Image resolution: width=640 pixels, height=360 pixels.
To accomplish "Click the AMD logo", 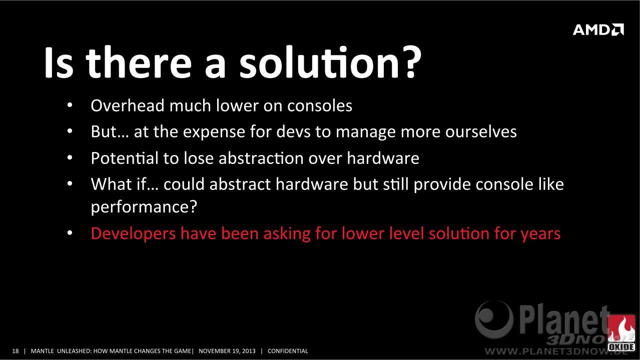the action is pos(598,29).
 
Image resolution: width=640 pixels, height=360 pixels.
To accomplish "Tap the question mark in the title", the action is pos(411,62).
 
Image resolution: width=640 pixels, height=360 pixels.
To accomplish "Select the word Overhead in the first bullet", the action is pos(128,105).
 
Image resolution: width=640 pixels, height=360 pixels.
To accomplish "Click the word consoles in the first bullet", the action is pos(319,105).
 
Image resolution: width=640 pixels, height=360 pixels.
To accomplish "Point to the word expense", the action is pos(214,132).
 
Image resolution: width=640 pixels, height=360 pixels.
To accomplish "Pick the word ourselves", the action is pos(481,131).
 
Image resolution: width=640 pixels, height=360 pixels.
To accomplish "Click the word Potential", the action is pos(125,158).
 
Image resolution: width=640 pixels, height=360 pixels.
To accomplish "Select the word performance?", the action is pos(144,207).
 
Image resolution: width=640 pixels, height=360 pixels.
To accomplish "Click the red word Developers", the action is pos(133,234).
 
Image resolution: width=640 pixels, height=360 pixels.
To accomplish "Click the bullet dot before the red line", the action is pos(70,233).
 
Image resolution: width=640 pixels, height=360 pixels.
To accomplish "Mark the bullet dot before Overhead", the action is pos(70,105).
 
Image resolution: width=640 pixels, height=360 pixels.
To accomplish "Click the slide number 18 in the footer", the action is pos(16,351).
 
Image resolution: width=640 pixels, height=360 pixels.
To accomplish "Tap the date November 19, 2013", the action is pos(227,351).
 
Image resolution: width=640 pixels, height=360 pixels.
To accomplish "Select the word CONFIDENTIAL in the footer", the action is pos(288,351).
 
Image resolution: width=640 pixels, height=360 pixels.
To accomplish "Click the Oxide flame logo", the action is pos(621,333).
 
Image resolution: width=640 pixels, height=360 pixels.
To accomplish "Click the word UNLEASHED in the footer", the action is pos(74,351).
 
